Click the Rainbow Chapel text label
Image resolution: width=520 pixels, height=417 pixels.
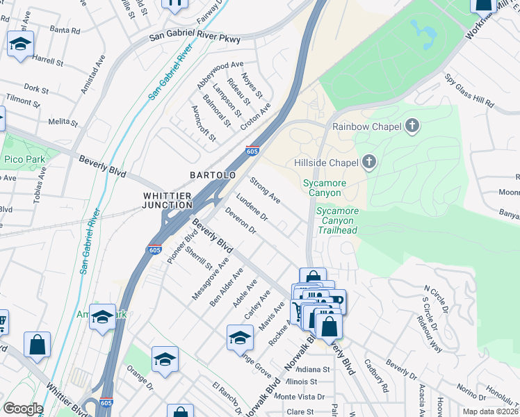367,126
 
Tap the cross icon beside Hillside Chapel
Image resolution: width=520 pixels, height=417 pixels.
368,163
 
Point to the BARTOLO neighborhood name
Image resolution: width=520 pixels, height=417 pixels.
213,175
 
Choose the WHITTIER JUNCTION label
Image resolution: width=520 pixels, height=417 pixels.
168,200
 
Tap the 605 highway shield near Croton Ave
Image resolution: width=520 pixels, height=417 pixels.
253,150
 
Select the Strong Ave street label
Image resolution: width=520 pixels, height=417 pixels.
265,190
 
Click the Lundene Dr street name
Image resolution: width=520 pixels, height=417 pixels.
252,208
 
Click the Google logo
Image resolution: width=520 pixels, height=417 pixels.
23,409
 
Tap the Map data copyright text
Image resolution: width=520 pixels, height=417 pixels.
490,411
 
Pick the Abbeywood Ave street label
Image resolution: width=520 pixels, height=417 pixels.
220,74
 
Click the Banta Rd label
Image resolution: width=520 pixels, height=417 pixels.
65,31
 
